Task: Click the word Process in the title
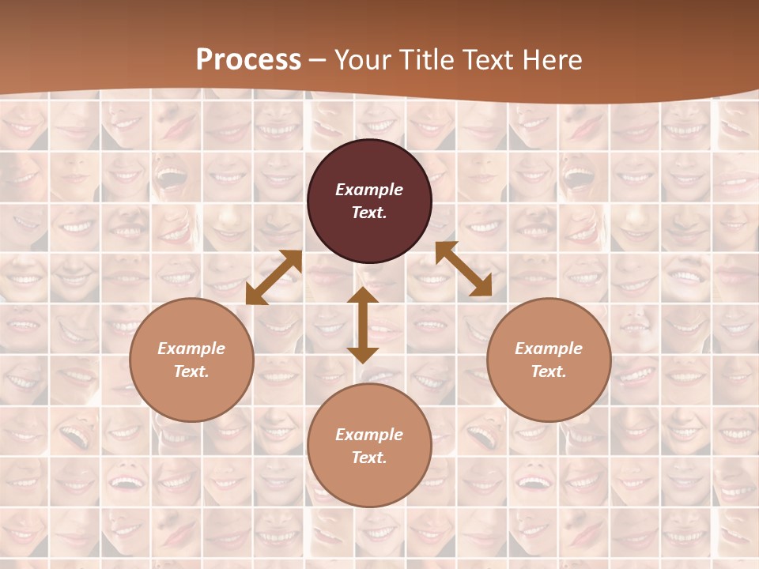(248, 59)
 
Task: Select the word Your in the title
(361, 59)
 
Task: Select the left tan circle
(191, 387)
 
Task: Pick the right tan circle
(549, 387)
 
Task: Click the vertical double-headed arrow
(363, 325)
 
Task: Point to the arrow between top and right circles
(463, 269)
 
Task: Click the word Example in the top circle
(369, 190)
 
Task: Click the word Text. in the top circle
(369, 213)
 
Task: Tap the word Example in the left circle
(191, 349)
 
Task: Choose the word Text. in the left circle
(191, 371)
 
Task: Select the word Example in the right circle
(549, 349)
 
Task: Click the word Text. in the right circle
(549, 371)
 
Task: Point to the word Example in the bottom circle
(369, 435)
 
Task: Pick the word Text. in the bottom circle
(369, 458)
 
